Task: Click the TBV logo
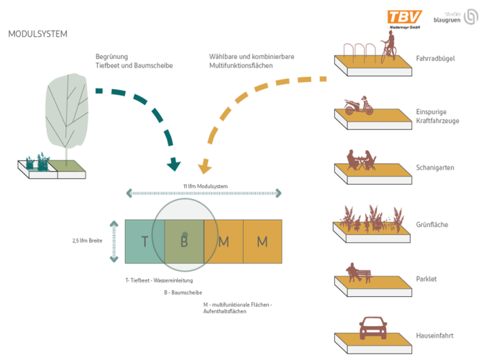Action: click(404, 19)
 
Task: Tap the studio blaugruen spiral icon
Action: click(470, 17)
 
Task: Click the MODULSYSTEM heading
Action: click(37, 34)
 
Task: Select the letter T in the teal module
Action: click(145, 241)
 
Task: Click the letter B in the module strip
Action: click(184, 241)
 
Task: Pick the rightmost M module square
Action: click(262, 241)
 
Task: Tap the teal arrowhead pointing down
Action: click(173, 165)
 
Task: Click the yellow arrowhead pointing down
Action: click(204, 167)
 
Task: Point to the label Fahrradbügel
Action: click(435, 59)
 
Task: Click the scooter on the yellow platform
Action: click(359, 106)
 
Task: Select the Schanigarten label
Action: click(435, 167)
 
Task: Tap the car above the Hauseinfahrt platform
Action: click(373, 328)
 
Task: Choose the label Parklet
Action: click(426, 279)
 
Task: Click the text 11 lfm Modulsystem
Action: click(206, 186)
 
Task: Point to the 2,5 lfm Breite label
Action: click(87, 241)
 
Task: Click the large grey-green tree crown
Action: click(67, 111)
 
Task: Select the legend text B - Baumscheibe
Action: click(183, 292)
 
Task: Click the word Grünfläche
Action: click(432, 225)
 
